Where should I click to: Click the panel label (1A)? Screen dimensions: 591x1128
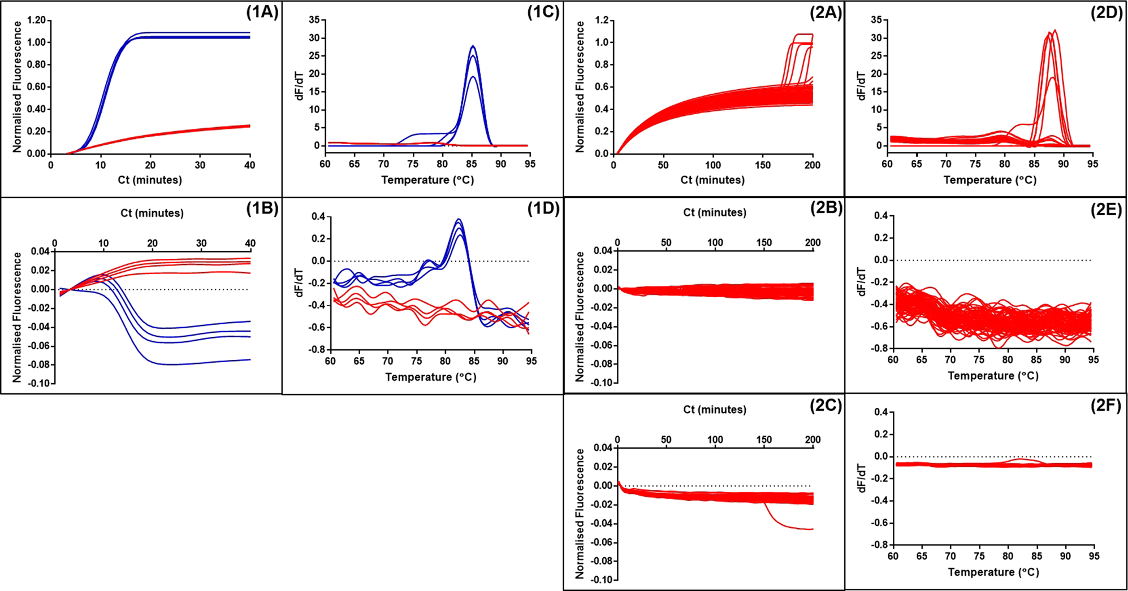[262, 12]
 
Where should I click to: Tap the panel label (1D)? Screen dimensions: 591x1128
[543, 208]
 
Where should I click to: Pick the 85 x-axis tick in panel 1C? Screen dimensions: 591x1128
[472, 164]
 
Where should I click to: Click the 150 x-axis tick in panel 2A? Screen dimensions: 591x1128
[763, 165]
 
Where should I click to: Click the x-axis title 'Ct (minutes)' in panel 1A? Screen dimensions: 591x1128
[150, 180]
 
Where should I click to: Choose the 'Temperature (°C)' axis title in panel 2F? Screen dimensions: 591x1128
[993, 572]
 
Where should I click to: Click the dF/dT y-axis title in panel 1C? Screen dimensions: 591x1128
[300, 85]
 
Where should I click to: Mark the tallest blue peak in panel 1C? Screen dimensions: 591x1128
[473, 46]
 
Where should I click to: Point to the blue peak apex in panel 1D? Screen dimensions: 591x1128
[459, 219]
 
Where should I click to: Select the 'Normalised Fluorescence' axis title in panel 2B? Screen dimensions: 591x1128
[580, 316]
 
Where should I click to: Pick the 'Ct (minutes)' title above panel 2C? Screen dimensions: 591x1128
[715, 410]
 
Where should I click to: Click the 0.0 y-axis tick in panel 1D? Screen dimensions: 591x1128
[318, 261]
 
